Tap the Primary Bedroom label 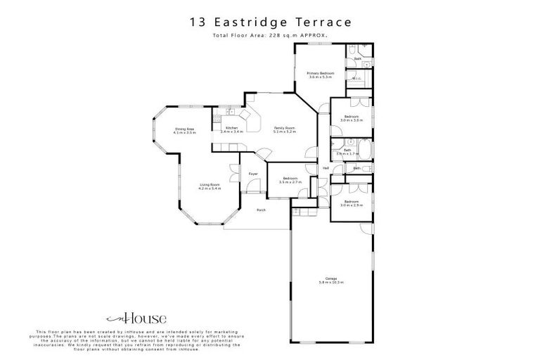click(x=320, y=73)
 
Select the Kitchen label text click(x=232, y=127)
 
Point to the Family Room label click(x=284, y=127)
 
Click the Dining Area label click(x=185, y=128)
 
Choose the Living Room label click(x=210, y=185)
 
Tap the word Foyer click(x=253, y=173)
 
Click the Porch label click(x=260, y=210)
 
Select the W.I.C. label click(x=356, y=78)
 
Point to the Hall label click(x=326, y=168)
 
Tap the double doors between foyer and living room click(x=233, y=171)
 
